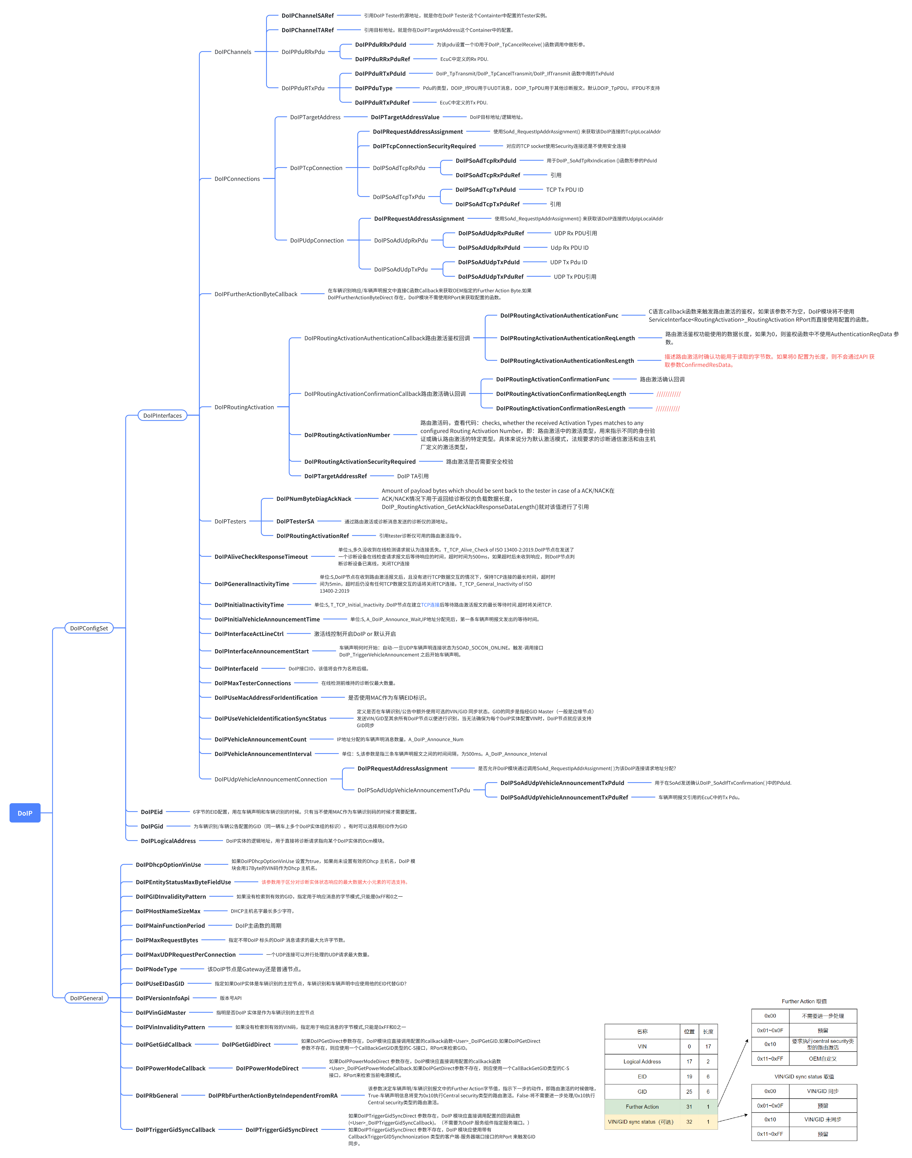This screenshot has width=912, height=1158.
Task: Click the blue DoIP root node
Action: [25, 813]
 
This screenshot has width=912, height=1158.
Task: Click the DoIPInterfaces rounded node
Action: [162, 415]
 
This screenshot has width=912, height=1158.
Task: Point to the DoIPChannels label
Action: [233, 52]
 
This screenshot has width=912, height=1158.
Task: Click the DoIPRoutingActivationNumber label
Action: [347, 435]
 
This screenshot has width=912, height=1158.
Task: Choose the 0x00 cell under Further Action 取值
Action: [770, 1016]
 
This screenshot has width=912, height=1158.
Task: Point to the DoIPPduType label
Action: [374, 88]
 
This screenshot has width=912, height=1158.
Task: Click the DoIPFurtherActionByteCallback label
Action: [256, 294]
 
